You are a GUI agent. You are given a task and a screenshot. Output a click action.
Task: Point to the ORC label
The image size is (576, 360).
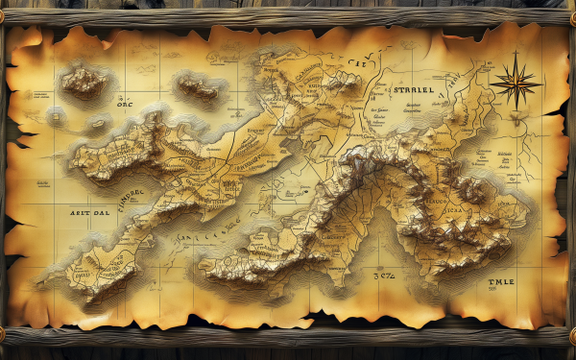click(x=129, y=106)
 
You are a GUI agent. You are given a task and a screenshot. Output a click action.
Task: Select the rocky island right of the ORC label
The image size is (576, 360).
click(x=200, y=88)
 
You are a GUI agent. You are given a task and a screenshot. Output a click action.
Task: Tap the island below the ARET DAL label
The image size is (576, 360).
click(x=96, y=264)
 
